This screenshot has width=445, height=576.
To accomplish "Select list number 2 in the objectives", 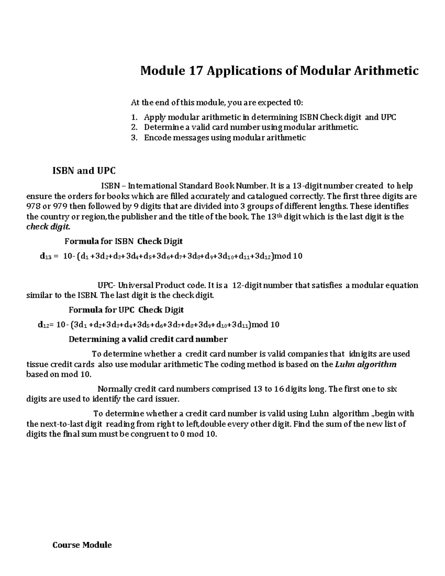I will [134, 128].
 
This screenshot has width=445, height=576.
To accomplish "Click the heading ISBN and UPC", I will [84, 171].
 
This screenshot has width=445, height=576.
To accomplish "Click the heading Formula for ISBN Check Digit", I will [123, 241].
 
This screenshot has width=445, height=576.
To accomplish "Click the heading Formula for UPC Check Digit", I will [126, 310].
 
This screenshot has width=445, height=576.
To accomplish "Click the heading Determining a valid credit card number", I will [148, 339].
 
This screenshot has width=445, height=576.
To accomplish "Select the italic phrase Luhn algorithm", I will [366, 365].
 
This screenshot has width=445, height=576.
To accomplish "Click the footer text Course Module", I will [82, 545].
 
